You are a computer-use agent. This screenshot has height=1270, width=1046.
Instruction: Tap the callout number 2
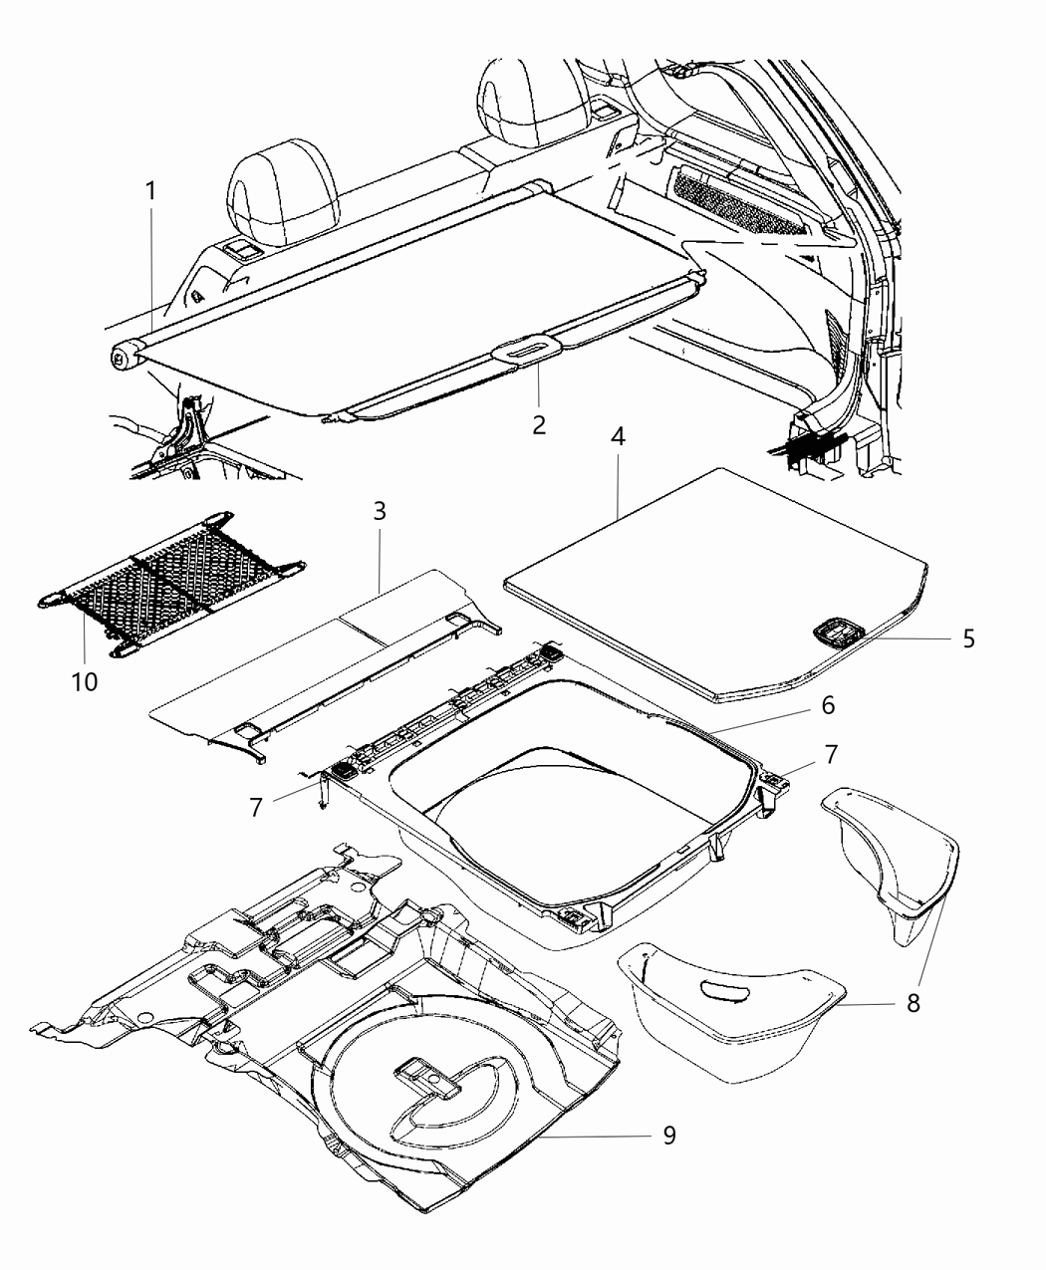click(539, 424)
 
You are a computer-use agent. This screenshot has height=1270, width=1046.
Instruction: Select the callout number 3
click(380, 513)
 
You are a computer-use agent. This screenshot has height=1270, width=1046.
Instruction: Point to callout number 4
click(619, 438)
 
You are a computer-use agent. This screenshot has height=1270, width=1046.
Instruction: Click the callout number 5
click(968, 638)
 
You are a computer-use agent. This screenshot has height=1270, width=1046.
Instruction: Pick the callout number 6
click(828, 706)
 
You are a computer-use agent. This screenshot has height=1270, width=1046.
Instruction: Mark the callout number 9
click(669, 1135)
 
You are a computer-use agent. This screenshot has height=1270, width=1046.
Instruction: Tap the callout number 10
click(85, 682)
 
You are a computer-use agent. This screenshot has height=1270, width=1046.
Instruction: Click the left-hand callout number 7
click(257, 806)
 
